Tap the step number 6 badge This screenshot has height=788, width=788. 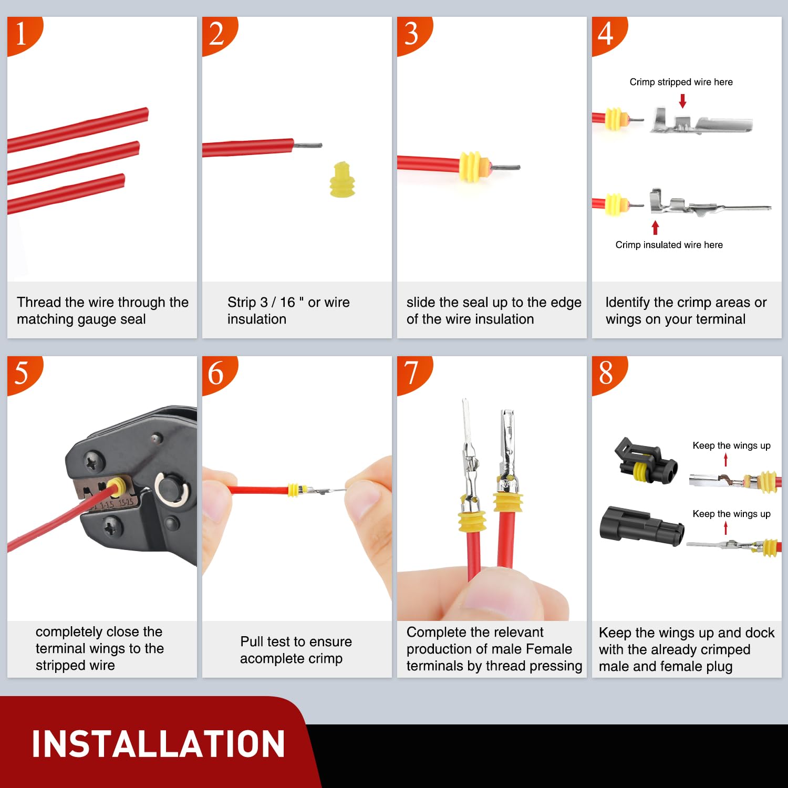point(216,373)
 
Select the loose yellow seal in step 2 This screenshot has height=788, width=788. point(342,180)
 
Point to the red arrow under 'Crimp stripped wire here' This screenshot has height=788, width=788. point(682,101)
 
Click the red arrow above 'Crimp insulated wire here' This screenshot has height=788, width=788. point(655,227)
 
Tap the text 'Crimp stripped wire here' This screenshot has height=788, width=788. point(681,82)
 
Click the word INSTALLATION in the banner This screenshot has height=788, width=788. point(158,744)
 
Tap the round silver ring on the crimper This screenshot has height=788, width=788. point(171,490)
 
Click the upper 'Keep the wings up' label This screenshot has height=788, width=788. point(731,445)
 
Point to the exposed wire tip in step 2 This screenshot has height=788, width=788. point(308,145)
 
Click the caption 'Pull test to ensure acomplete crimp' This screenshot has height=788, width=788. point(296,650)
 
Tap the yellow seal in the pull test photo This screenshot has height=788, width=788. point(294,490)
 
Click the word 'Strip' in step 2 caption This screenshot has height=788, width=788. point(242,302)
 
